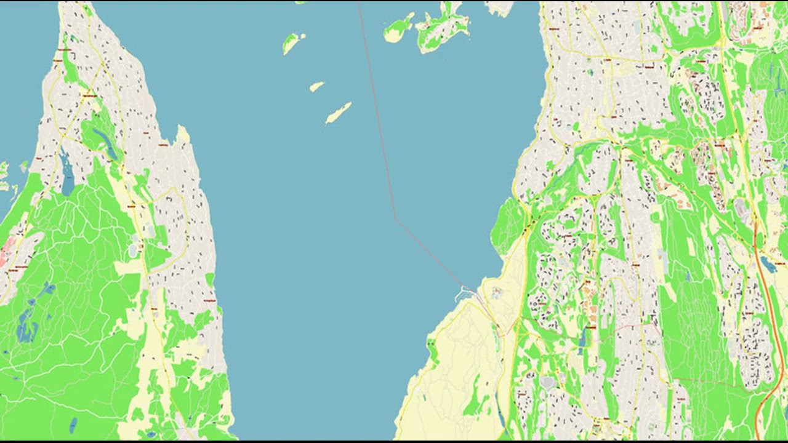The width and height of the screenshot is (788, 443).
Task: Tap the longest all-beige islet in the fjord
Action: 338,113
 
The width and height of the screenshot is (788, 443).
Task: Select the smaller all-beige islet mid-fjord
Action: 316,87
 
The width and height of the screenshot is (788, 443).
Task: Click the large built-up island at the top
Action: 443,28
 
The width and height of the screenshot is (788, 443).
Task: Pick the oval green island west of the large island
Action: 398,30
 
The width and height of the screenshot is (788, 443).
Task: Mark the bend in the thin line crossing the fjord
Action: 395,218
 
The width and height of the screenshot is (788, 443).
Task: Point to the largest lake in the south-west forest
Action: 26,326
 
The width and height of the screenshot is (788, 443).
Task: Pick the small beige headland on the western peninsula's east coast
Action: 182,134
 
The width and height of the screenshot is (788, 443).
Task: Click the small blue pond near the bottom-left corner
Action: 73,425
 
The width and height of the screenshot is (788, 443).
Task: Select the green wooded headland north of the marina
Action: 509,225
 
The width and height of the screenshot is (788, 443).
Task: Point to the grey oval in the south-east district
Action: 547,383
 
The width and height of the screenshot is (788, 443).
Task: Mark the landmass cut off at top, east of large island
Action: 500,7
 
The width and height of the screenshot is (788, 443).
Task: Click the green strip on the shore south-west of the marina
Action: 433,351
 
